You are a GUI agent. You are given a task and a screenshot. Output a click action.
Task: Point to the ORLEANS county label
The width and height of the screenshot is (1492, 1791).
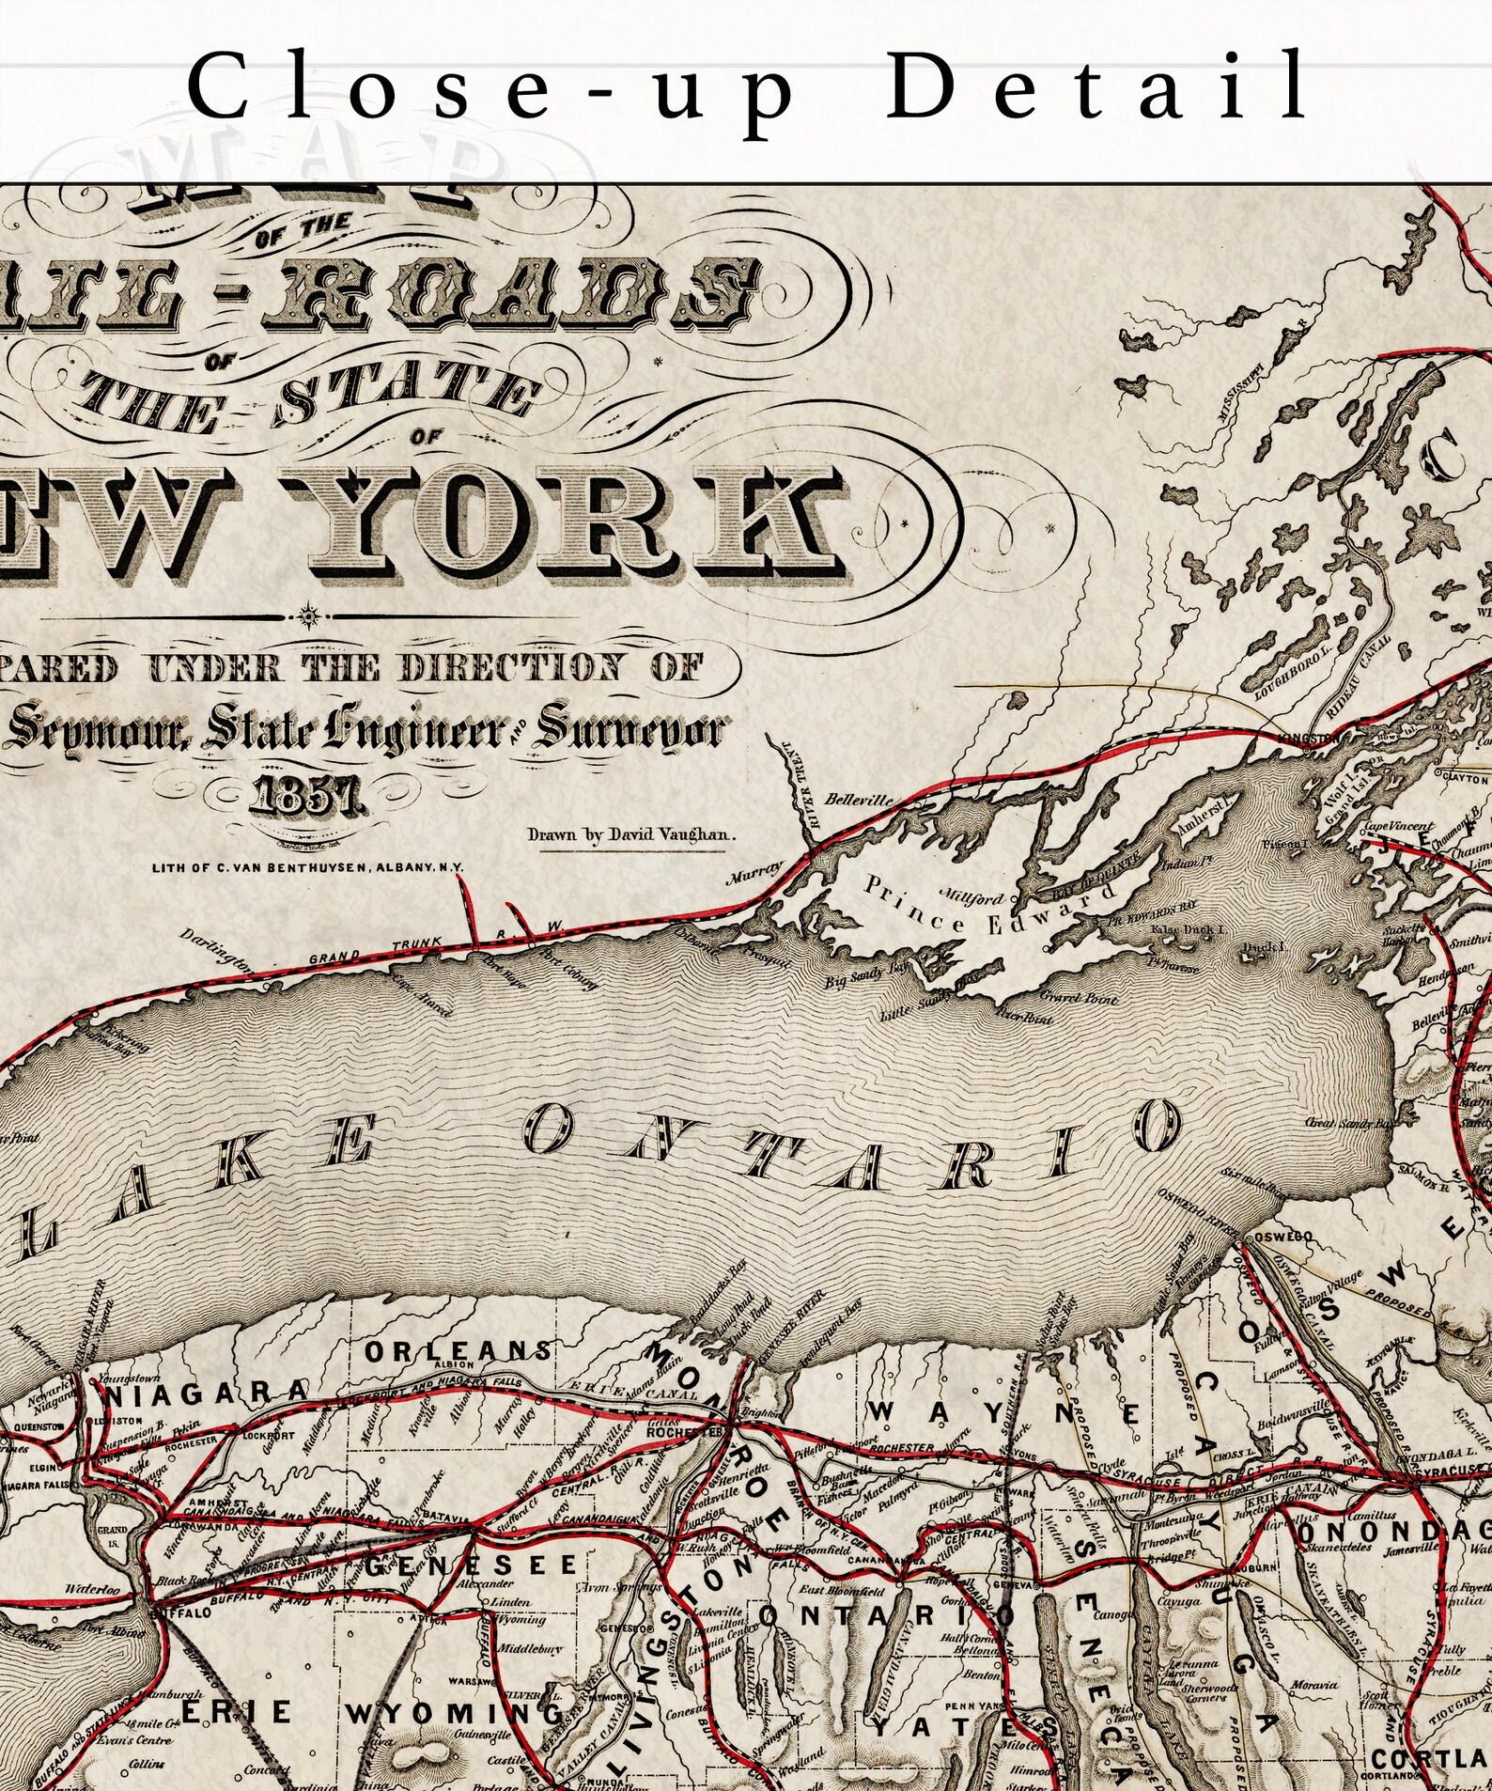(x=458, y=1351)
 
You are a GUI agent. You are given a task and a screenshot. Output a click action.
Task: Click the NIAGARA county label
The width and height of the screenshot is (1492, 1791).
(x=205, y=1394)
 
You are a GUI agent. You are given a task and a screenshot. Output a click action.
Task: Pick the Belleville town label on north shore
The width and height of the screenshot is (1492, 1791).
(x=859, y=800)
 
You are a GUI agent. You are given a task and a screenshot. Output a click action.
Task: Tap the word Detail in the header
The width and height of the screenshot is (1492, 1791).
(x=1096, y=86)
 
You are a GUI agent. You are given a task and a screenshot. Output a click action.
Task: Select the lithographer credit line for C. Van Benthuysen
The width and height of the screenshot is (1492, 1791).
(x=307, y=867)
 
